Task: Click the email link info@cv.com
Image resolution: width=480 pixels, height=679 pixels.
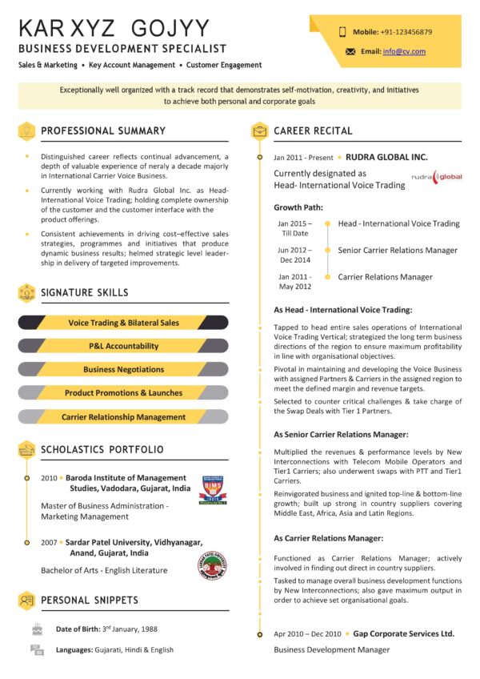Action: pyautogui.click(x=404, y=51)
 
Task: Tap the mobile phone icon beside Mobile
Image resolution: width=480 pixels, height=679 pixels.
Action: pyautogui.click(x=342, y=32)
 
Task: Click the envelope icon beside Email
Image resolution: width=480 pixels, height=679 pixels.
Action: pyautogui.click(x=350, y=51)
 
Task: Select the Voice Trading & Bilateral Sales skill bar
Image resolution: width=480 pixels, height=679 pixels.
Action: pyautogui.click(x=123, y=323)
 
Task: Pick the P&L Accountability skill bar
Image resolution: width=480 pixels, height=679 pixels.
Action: pyautogui.click(x=123, y=346)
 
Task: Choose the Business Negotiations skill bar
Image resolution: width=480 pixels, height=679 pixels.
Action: pyautogui.click(x=123, y=369)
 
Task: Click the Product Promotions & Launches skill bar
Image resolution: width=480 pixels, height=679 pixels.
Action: pyautogui.click(x=123, y=393)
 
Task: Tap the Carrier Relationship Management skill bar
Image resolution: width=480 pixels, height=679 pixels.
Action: pyautogui.click(x=123, y=416)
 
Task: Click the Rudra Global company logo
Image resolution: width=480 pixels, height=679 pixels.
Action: pyautogui.click(x=436, y=176)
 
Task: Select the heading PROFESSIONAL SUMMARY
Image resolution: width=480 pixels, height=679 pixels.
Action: pyautogui.click(x=103, y=131)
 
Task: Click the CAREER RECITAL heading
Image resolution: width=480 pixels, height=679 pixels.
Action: pyautogui.click(x=313, y=131)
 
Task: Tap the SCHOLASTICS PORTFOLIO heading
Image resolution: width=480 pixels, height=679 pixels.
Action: pyautogui.click(x=102, y=449)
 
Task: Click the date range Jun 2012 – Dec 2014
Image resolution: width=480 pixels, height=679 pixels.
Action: pyautogui.click(x=294, y=255)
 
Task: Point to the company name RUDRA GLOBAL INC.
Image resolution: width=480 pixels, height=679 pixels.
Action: pyautogui.click(x=386, y=157)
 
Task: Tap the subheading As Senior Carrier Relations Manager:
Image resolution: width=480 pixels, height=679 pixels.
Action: pyautogui.click(x=341, y=434)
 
